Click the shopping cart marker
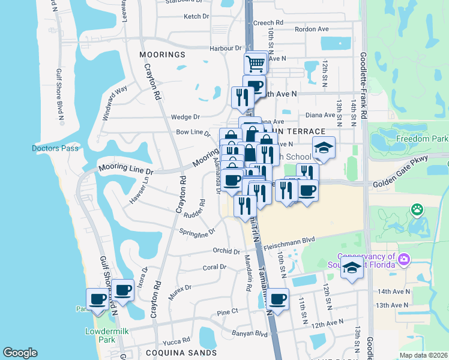pyautogui.click(x=256, y=62)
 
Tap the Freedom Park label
pyautogui.click(x=422, y=139)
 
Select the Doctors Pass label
pyautogui.click(x=50, y=148)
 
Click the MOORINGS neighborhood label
pyautogui.click(x=162, y=55)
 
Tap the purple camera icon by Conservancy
pyautogui.click(x=404, y=259)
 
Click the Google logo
pyautogui.click(x=20, y=352)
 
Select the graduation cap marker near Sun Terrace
pyautogui.click(x=324, y=148)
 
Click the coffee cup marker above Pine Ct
pyautogui.click(x=277, y=298)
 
